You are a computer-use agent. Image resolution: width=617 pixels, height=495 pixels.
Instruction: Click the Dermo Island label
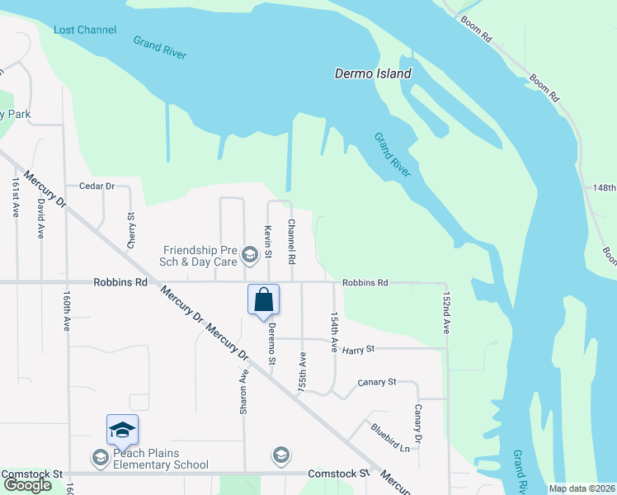(373, 73)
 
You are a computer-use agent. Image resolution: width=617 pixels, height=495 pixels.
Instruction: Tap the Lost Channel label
(85, 30)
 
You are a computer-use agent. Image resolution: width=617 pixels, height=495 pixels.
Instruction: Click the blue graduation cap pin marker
(122, 430)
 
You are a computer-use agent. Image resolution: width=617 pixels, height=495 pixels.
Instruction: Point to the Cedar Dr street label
(97, 186)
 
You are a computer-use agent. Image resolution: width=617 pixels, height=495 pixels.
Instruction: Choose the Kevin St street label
(267, 241)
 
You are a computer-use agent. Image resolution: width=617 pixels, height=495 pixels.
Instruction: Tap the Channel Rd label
(291, 241)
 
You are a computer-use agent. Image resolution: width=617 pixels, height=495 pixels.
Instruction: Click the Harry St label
(358, 349)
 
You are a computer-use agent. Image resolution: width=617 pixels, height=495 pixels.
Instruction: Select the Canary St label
(377, 382)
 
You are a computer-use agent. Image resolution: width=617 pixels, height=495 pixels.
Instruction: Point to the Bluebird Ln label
(390, 437)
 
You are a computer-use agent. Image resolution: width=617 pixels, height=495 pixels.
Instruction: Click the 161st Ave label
(15, 197)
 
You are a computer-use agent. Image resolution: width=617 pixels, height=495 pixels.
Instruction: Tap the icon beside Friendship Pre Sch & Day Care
(249, 256)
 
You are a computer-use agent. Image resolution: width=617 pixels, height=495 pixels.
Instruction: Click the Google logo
(27, 485)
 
